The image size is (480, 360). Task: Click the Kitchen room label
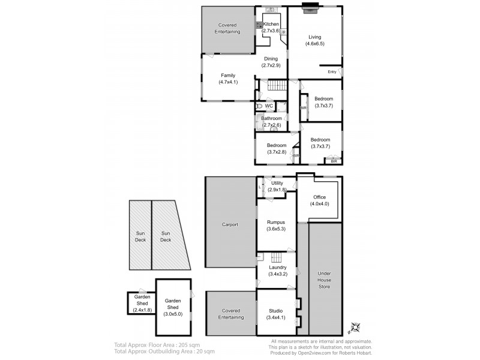click(271, 23)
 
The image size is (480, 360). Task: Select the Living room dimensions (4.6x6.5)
click(315, 43)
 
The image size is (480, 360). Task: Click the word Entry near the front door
click(332, 72)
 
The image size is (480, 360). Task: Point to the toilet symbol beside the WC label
click(258, 106)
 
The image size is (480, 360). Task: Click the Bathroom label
click(271, 118)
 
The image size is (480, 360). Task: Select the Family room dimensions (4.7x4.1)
click(229, 82)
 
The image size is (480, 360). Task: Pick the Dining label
click(269, 58)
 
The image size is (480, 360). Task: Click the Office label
click(319, 197)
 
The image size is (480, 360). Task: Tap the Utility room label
click(277, 183)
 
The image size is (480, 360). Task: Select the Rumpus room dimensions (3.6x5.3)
click(277, 229)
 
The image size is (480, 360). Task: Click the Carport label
click(230, 224)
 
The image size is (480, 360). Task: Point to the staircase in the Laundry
click(277, 257)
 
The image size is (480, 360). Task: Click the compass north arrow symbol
click(354, 328)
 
